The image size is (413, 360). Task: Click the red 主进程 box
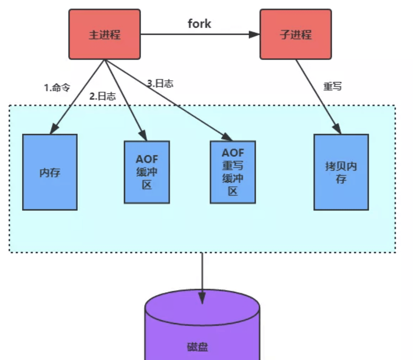[x=104, y=34]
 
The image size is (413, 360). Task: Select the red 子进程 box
[x=295, y=34]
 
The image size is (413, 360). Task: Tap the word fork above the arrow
[x=199, y=24]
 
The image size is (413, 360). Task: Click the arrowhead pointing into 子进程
[x=255, y=34]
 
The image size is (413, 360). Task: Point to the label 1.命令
[x=57, y=87]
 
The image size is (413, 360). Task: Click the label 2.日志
[x=102, y=96]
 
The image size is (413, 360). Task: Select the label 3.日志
[x=160, y=83]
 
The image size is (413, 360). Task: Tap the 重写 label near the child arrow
[x=332, y=86]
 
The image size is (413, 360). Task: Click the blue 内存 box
[x=50, y=172]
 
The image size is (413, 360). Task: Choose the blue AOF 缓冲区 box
[x=147, y=172]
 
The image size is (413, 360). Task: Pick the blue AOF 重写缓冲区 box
[x=233, y=172]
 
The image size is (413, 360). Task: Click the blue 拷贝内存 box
[x=341, y=172]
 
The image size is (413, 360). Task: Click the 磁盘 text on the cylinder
[x=197, y=347]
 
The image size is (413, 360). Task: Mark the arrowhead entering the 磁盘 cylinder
[x=202, y=298]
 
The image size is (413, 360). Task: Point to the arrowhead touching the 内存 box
[x=54, y=129]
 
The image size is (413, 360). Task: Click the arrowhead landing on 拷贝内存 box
[x=337, y=129]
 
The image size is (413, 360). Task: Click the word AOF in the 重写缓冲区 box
[x=233, y=153]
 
